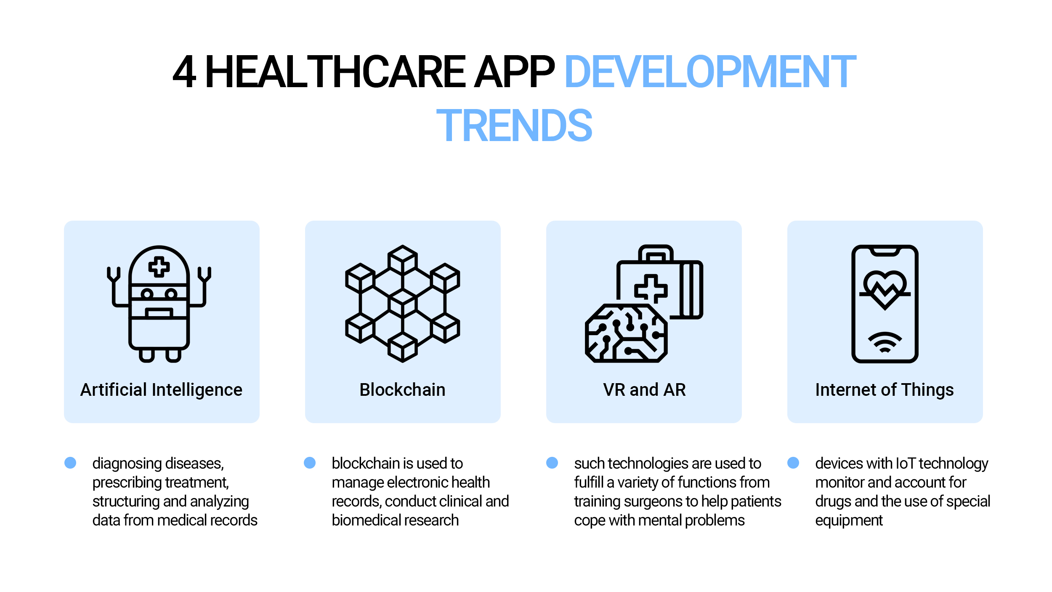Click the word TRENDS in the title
coord(514,125)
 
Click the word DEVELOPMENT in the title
coord(710,72)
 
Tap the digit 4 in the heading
coord(184,72)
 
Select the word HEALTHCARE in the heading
coord(335,72)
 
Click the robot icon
coord(159,304)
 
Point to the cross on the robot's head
coord(159,267)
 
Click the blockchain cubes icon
coord(403,304)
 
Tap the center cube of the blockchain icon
coord(403,303)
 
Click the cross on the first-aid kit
coord(651,289)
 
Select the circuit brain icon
coord(626,333)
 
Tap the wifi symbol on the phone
coord(885,342)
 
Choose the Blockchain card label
coord(403,390)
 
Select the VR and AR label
coord(644,390)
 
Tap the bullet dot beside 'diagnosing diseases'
coord(70,463)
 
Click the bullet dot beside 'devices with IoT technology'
coord(793,463)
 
